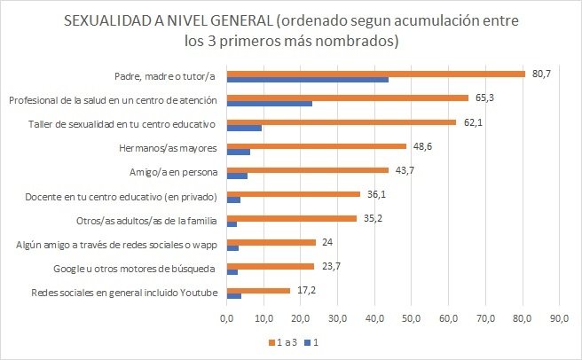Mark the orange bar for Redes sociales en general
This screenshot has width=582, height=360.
tap(258, 289)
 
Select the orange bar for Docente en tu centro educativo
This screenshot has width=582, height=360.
tap(294, 193)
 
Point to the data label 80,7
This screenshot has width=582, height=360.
tap(541, 73)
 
